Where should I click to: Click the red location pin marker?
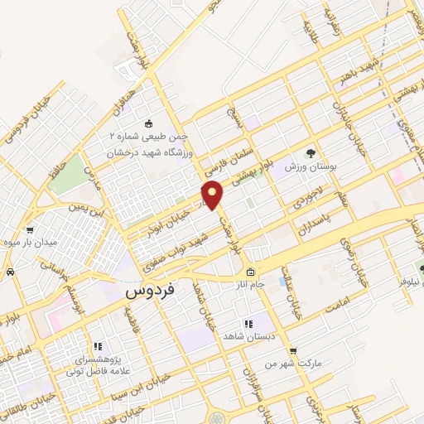(x=213, y=195)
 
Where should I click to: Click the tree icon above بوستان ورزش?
(x=311, y=153)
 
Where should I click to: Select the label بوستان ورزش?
(x=313, y=168)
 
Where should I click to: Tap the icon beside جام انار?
(x=249, y=273)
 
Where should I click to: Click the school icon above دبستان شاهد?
(x=246, y=324)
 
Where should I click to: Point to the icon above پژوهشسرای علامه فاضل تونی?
(x=97, y=347)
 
